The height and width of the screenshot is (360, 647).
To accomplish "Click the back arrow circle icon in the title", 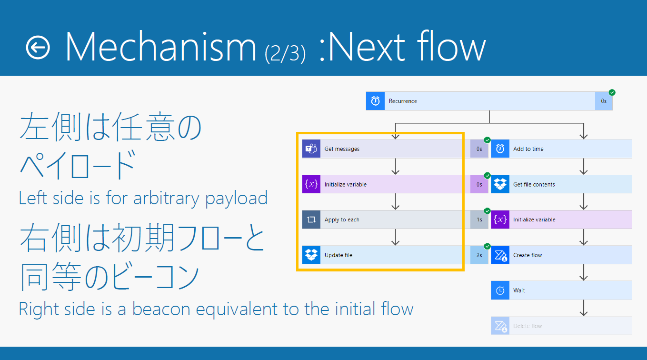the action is (38, 48).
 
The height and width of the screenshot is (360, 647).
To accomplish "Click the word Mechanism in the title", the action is (161, 47).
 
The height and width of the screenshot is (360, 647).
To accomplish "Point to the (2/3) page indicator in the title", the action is (285, 53).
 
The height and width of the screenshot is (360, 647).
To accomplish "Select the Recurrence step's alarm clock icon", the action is (375, 101).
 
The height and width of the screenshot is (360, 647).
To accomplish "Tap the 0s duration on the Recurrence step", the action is (604, 101).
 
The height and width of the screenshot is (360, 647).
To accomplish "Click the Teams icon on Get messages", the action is (311, 149).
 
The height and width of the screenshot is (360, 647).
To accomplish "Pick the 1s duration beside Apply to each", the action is (479, 220).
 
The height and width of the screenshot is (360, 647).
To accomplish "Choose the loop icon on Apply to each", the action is (311, 220).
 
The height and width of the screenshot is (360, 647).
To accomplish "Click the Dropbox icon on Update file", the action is (311, 255).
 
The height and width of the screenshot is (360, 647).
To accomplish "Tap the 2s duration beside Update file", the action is (479, 255).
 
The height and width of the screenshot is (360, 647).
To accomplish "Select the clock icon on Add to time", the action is (500, 149).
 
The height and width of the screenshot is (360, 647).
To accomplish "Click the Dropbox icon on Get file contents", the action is (500, 184).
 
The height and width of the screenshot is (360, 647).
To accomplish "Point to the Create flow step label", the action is (528, 255).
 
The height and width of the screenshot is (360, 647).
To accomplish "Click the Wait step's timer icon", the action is (500, 290).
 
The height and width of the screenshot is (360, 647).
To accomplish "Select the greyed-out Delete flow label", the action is (528, 326).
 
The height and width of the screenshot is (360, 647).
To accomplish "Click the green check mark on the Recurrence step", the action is (612, 92).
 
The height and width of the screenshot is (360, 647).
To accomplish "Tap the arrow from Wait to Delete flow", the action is (584, 308).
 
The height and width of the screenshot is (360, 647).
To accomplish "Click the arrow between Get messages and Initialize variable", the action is (396, 166).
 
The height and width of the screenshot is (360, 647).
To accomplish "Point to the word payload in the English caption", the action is (236, 199).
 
